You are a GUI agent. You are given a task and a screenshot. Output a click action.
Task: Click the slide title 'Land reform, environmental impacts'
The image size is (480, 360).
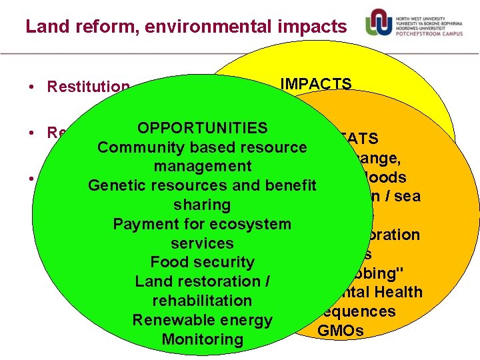click(x=186, y=27)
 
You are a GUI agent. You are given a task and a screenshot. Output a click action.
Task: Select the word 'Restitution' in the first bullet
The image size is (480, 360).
click(x=88, y=87)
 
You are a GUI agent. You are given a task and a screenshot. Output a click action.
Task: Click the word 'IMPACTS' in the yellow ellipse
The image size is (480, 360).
click(x=316, y=84)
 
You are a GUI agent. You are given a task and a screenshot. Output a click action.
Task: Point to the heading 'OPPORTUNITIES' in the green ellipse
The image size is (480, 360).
click(x=202, y=128)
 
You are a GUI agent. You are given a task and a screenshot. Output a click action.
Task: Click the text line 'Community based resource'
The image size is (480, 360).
click(x=202, y=147)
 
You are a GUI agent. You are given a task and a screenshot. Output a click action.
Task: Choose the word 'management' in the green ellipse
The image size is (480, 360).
click(x=202, y=166)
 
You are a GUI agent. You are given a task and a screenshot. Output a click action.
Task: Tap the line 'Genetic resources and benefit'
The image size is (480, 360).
click(x=202, y=185)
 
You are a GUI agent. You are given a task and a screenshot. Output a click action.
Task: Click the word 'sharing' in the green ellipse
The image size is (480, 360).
click(x=202, y=205)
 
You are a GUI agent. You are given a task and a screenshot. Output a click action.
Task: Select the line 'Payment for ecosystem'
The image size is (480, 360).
click(x=202, y=224)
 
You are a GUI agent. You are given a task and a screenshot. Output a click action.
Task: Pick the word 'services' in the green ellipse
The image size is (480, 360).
click(x=202, y=243)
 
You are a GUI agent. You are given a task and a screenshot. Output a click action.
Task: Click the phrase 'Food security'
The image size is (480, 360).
click(x=202, y=262)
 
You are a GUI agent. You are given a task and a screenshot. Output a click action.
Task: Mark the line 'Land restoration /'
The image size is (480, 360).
click(x=202, y=281)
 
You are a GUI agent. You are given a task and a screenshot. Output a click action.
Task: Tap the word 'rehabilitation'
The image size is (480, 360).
click(x=202, y=301)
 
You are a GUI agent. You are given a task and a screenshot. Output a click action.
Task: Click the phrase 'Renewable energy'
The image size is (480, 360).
click(x=202, y=320)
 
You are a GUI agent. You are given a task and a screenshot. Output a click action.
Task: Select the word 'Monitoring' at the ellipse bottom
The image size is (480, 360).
click(x=202, y=339)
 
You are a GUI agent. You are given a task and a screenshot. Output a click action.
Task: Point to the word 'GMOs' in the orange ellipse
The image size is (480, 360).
click(x=341, y=331)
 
